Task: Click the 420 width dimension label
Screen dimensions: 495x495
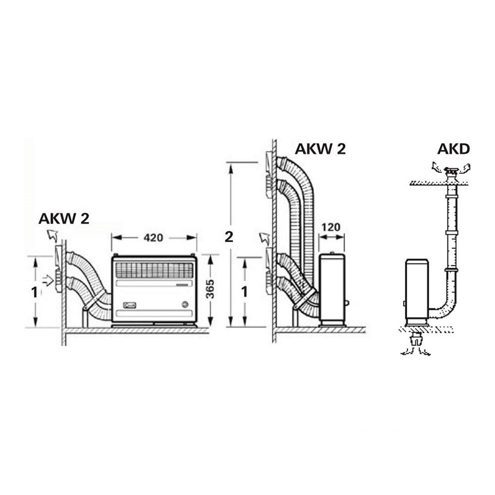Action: pos(153,238)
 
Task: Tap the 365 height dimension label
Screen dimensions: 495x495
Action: pos(210,289)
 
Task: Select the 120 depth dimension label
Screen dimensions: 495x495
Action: pos(331,227)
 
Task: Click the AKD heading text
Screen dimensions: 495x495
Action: pos(453,149)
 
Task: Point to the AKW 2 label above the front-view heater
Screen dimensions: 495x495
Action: pos(64,218)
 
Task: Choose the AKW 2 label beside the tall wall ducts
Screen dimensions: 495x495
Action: pos(320,148)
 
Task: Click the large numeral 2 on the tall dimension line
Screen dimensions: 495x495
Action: pos(229,237)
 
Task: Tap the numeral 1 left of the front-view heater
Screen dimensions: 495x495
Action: pos(34,293)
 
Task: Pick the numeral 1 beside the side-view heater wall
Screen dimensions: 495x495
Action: pos(245,293)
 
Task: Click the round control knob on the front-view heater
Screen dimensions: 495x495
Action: pos(185,304)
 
